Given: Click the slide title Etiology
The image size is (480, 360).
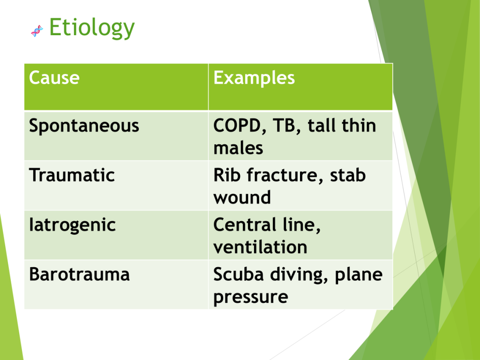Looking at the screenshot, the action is coord(92,28).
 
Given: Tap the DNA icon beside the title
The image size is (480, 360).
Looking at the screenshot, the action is coord(37,31).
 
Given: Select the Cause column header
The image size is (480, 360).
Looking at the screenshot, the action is coord(54,77).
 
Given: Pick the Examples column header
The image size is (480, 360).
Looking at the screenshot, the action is coord(254,78).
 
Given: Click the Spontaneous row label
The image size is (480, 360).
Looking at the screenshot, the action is coord(84,126).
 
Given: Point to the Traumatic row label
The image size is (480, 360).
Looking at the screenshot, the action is coord(72,175).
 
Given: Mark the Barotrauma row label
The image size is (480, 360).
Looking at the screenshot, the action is coord(79,274).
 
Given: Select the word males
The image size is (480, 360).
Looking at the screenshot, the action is coord(238,148).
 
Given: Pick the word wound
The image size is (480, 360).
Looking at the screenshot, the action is coord(242,197).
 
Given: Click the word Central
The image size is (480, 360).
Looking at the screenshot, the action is coord(245,225).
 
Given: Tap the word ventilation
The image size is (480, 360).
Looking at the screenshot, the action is coord(260,247).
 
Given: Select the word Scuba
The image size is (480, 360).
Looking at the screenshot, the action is coord(239,274).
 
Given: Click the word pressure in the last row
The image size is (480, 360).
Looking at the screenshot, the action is coord(251,297).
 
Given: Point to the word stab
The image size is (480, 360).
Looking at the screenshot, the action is coord(348,175).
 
